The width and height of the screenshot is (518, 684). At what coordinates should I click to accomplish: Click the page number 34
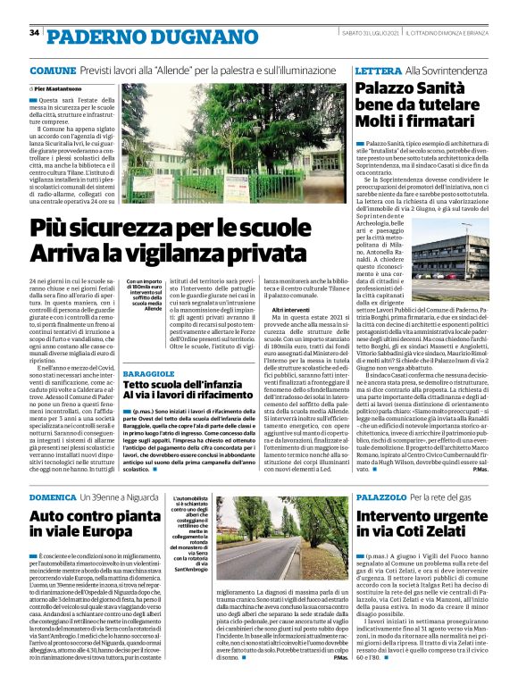point(34,33)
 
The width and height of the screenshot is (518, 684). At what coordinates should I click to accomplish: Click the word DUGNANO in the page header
point(164,35)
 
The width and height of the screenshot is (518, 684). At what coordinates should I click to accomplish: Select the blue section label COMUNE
point(52,70)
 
